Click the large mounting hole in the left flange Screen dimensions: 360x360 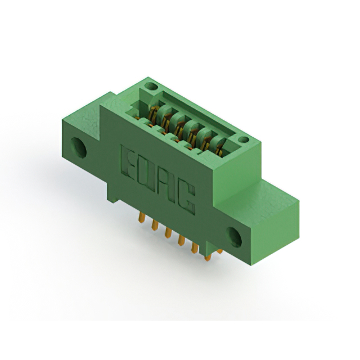[x=79, y=147]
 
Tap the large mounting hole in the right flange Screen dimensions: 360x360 [x=234, y=237]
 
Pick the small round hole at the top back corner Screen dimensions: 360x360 [x=152, y=87]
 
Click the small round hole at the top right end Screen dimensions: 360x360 [x=244, y=139]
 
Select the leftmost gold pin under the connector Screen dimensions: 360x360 [x=142, y=217]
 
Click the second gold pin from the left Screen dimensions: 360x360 [x=155, y=225]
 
